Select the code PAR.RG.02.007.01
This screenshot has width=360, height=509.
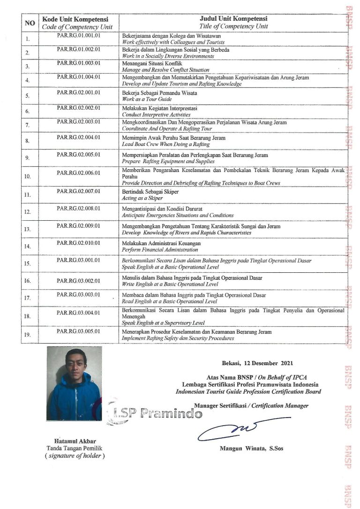point(78,191)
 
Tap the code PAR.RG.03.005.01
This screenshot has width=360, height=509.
point(78,331)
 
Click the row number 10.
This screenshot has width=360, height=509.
point(28,176)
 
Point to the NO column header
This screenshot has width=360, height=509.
point(30,22)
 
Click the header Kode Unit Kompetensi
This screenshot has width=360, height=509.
point(75,20)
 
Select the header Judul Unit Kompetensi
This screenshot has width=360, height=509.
point(233,19)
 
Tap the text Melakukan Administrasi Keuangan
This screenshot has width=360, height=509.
point(161,244)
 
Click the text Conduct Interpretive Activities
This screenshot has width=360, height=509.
point(156,114)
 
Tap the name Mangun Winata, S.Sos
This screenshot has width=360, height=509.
point(251,449)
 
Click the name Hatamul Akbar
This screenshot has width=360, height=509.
point(75,441)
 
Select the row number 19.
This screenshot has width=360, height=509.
point(28,334)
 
